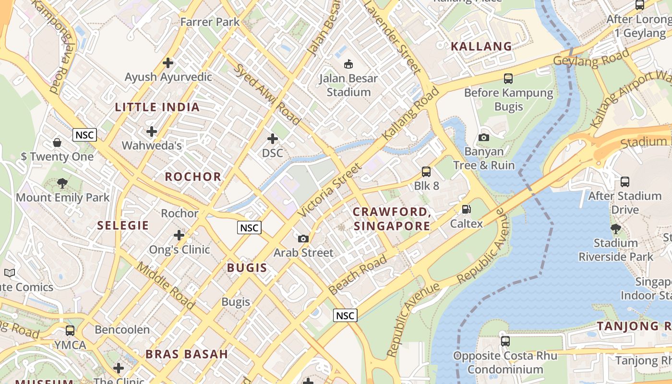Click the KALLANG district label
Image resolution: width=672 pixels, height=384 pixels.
coord(481,47)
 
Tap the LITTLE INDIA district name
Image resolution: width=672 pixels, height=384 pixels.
coord(157,107)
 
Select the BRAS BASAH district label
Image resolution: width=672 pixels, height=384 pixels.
coord(187,354)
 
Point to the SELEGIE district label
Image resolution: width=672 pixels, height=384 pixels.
coord(123,225)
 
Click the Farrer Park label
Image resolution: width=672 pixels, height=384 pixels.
coord(210,22)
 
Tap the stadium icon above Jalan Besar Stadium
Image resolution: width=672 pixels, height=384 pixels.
coord(348,63)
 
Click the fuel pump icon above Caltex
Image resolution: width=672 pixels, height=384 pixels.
coord(466,209)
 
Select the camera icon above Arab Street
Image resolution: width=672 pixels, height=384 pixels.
coord(303,239)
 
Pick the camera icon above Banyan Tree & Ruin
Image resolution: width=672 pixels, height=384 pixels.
coord(484,138)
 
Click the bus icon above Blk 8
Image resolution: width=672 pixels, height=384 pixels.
coord(426,171)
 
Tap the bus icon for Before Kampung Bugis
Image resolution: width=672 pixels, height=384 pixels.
coord(508,78)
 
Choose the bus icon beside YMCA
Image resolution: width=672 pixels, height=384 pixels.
coord(70,330)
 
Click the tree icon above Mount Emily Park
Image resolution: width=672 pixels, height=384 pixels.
coord(62,183)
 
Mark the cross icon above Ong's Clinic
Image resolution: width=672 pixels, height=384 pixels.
coord(179,235)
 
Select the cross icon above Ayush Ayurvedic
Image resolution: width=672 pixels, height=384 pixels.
coord(168,62)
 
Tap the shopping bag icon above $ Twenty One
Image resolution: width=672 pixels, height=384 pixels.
coord(57,143)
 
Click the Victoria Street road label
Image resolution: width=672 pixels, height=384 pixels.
coord(330,190)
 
